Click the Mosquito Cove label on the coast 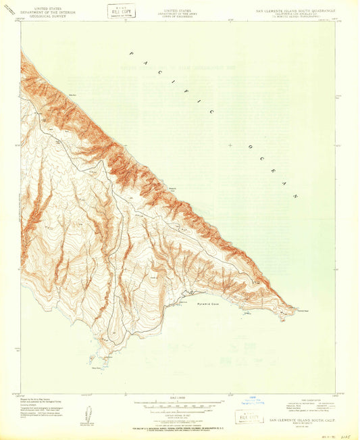click(172, 191)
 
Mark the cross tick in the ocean click(231, 145)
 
